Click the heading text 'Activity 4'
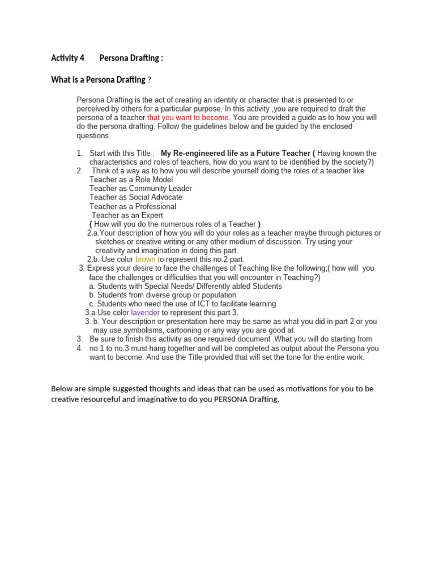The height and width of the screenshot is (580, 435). pyautogui.click(x=67, y=58)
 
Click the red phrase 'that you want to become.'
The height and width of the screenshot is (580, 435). pyautogui.click(x=189, y=117)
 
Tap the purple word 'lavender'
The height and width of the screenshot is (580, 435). pyautogui.click(x=145, y=313)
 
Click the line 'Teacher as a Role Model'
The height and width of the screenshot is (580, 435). pyautogui.click(x=131, y=180)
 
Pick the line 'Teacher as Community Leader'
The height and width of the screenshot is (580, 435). pyautogui.click(x=140, y=189)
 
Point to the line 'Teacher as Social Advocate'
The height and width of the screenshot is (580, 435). pyautogui.click(x=136, y=198)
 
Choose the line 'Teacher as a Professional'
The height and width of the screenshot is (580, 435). pyautogui.click(x=133, y=207)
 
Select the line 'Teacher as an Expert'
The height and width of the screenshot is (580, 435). pyautogui.click(x=127, y=216)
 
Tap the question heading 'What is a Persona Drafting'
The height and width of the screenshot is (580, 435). pyautogui.click(x=98, y=80)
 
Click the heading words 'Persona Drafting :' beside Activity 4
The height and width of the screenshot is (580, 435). pyautogui.click(x=131, y=58)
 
